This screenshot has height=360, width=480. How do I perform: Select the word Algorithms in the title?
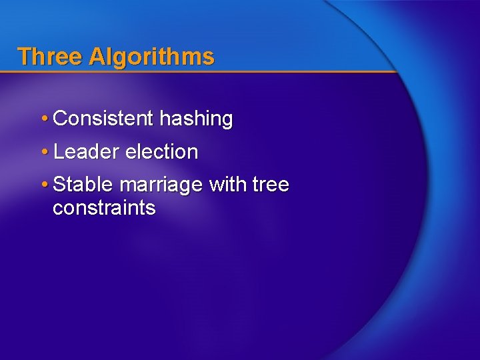(x=151, y=57)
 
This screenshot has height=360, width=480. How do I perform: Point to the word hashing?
(x=197, y=120)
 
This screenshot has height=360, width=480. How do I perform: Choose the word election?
(x=162, y=152)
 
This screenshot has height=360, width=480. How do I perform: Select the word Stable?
(x=83, y=184)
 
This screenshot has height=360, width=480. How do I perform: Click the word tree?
(x=271, y=184)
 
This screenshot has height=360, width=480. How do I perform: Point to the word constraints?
(x=104, y=208)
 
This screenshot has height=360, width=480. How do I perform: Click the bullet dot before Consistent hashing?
(x=43, y=119)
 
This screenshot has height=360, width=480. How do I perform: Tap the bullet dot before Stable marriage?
(x=43, y=185)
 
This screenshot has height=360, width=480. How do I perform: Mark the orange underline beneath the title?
(x=200, y=71)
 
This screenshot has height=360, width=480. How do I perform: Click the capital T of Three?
(x=24, y=56)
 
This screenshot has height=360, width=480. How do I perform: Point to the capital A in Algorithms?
(x=96, y=56)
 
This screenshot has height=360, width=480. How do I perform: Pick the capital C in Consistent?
(x=60, y=119)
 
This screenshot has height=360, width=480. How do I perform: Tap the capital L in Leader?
(x=58, y=152)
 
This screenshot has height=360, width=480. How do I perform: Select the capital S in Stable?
(x=59, y=184)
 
